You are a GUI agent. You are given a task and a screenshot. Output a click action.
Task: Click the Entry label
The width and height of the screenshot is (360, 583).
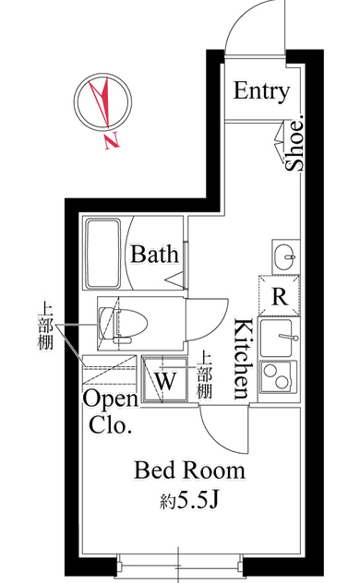tap(261, 91)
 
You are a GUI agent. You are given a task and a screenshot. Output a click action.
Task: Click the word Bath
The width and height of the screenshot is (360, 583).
tap(154, 255)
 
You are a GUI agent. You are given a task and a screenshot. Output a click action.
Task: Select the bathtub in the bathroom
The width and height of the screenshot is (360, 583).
tap(103, 254)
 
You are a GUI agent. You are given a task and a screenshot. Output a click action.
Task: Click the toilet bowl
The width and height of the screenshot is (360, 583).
tap(123, 323)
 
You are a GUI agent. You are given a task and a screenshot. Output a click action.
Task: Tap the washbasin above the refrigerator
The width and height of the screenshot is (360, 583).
tap(285, 257)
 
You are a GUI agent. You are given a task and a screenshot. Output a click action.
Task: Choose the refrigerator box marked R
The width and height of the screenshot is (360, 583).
tap(279, 295)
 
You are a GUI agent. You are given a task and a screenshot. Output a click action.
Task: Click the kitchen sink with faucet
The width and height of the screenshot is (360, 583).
tap(279, 338)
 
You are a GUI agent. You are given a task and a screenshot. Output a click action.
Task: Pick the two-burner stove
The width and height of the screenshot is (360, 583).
tap(279, 377)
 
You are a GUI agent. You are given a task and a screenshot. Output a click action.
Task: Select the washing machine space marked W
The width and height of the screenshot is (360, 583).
tap(164, 379)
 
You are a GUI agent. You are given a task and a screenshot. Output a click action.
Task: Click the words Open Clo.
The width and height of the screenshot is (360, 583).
tap(111, 412)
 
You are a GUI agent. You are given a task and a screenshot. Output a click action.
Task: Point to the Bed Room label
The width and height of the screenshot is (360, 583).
tap(189, 470)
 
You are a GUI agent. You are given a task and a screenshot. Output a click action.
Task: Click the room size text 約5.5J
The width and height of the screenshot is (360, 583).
tap(188, 501)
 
